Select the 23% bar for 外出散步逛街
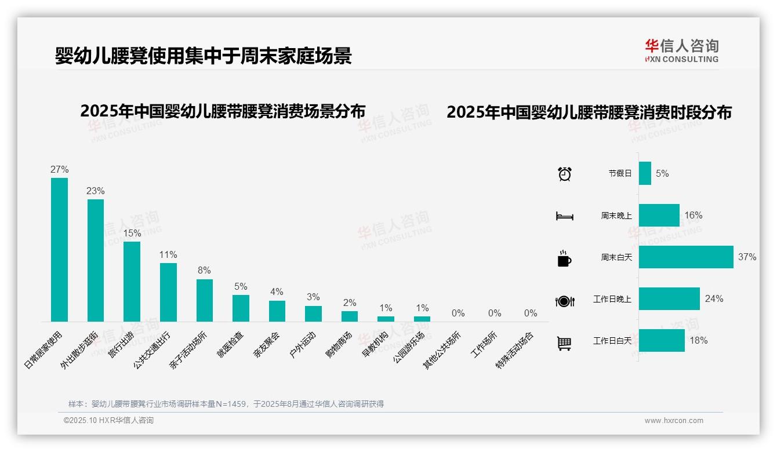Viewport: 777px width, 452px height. [96, 260]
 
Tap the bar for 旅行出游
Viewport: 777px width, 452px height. [132, 281]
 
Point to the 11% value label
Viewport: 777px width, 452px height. [168, 255]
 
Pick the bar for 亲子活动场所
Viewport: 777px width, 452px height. [204, 300]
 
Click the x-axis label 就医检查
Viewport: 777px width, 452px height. [231, 344]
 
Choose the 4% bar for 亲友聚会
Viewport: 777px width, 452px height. [277, 311]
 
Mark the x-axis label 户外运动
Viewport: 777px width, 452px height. [303, 344]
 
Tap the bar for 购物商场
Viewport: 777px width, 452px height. [349, 316]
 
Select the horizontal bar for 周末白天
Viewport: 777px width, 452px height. [685, 257]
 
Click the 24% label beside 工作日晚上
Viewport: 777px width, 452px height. [714, 299]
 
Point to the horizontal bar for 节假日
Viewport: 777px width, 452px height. [645, 173]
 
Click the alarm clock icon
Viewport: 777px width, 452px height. [564, 174]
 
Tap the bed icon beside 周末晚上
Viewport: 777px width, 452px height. [564, 216]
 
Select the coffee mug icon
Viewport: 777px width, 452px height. [564, 258]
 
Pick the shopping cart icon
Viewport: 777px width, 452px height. [564, 343]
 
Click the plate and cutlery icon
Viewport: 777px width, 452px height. [564, 301]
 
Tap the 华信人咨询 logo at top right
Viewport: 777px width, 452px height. [681, 50]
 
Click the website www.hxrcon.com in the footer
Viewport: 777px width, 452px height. [673, 421]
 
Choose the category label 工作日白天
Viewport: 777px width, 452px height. [612, 341]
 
